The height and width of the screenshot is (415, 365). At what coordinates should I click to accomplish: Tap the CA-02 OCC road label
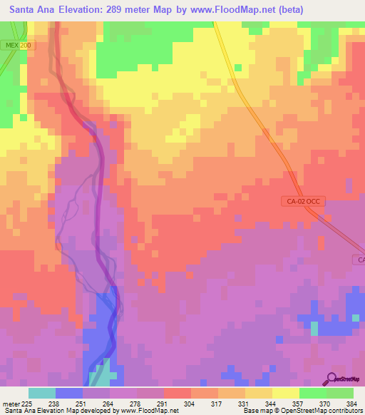pyautogui.click(x=302, y=203)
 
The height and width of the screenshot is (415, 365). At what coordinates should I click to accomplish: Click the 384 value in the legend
pyautogui.click(x=344, y=402)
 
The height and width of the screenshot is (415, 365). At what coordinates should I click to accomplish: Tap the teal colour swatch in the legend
pyautogui.click(x=42, y=393)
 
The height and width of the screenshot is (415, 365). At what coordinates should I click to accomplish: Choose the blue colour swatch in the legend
pyautogui.click(x=69, y=393)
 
